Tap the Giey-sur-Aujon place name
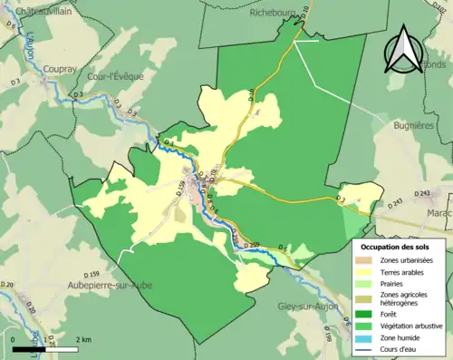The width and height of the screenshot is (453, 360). coord(309,306)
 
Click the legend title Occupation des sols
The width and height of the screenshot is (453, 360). coord(400,247)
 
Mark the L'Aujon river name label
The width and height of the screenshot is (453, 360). coord(29,44)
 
